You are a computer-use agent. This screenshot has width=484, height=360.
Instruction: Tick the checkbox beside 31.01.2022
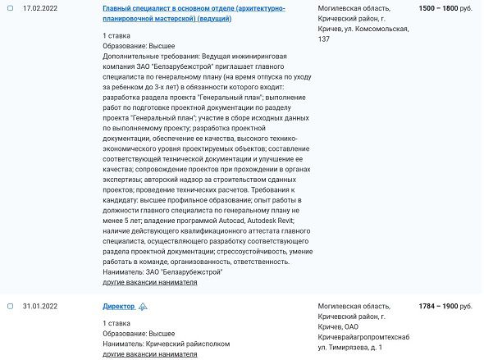[x=10, y=306]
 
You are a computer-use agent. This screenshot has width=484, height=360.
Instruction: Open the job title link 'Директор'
[x=118, y=306]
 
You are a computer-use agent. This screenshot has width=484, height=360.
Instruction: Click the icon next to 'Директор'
[x=143, y=306]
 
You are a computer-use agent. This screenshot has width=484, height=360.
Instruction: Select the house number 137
[x=323, y=39]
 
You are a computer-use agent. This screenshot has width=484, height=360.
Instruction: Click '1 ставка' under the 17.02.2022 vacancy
[x=117, y=38]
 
